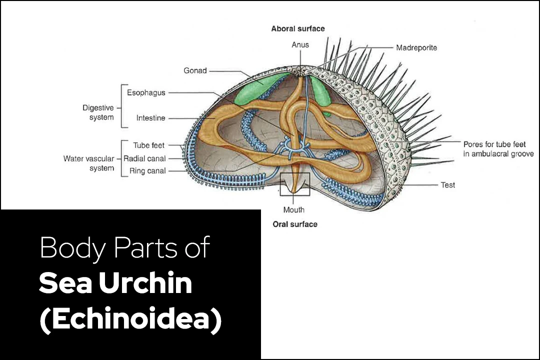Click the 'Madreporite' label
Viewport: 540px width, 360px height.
click(416, 48)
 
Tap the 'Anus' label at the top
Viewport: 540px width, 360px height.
click(300, 45)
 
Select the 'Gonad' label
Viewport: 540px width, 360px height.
click(195, 70)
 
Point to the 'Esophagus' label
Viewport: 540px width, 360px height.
click(146, 92)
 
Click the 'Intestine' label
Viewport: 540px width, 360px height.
click(150, 118)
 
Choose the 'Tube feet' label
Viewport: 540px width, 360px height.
click(148, 145)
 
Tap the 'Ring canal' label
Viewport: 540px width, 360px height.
click(147, 171)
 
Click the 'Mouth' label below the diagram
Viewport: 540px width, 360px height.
click(294, 209)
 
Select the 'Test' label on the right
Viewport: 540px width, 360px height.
click(448, 185)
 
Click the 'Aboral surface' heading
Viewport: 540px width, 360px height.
click(298, 29)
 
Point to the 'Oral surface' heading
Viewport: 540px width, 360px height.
click(295, 224)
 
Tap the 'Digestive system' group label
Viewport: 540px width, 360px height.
click(98, 112)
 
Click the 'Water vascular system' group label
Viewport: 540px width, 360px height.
click(88, 163)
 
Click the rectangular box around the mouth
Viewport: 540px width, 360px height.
click(295, 184)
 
